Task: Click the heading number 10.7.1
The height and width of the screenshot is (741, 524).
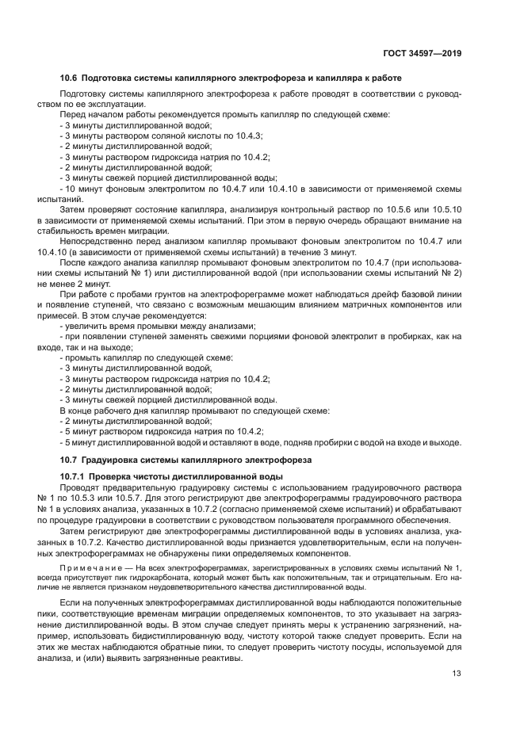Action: [76, 476]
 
